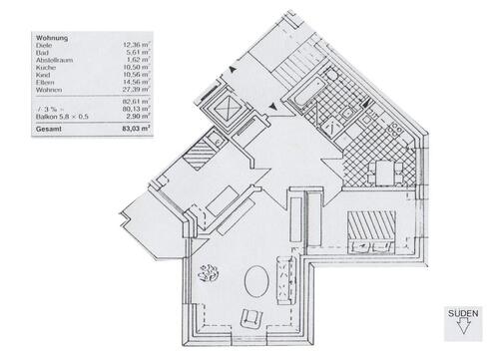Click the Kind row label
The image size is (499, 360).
coord(45,79)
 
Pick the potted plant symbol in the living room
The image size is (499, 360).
coord(210,271)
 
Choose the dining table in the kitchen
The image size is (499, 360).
coord(383,173)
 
